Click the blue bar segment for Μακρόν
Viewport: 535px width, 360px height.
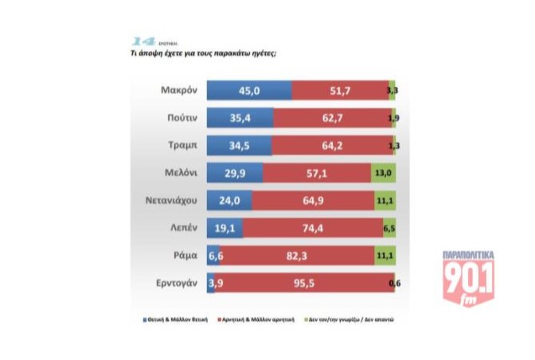coord(249,91)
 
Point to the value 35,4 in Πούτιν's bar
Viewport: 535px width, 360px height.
coord(239,119)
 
